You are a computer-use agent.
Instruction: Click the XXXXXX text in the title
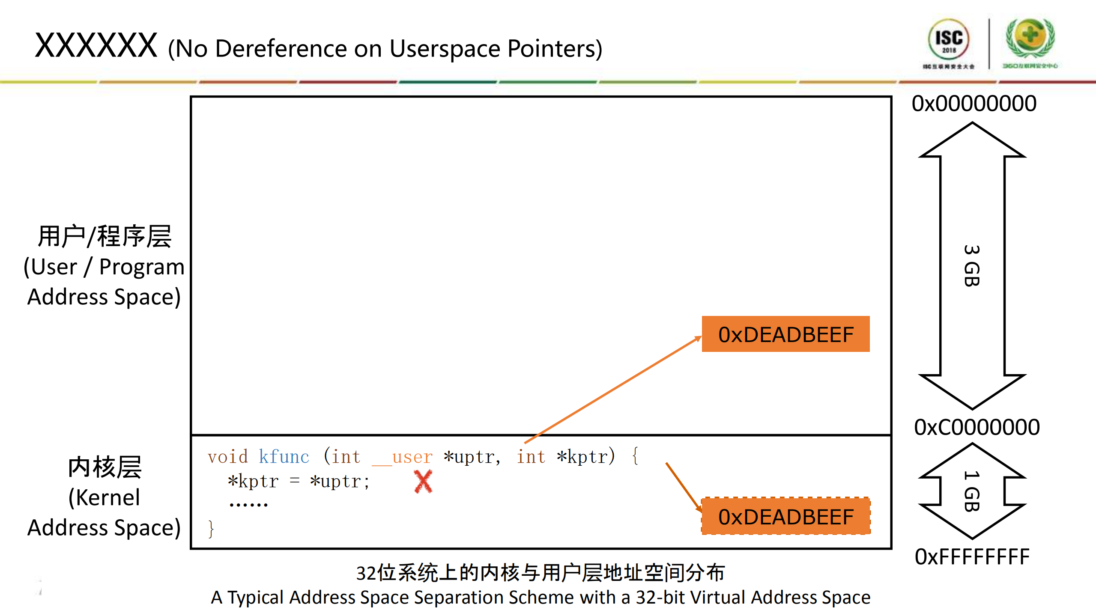click(96, 46)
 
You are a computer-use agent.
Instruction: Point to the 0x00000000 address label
click(974, 104)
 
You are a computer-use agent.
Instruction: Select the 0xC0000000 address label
click(977, 427)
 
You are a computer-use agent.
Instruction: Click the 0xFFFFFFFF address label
click(972, 557)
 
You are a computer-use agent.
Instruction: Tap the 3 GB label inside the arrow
click(971, 265)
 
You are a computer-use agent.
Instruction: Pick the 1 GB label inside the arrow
click(971, 491)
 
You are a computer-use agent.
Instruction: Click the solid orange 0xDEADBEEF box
click(785, 334)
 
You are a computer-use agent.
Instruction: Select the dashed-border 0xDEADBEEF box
click(785, 516)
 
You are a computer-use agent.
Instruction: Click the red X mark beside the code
click(423, 482)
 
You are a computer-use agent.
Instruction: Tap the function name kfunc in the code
click(284, 457)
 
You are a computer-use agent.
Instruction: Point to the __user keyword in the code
click(402, 457)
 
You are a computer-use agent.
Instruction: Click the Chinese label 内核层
click(105, 467)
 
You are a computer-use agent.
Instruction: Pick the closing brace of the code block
click(211, 529)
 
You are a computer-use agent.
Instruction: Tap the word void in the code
click(227, 457)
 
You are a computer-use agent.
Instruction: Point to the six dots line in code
click(248, 505)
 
